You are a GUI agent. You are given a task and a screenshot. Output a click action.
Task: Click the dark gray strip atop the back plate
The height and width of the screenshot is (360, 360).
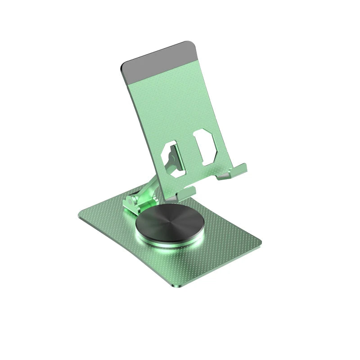point(157,62)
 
